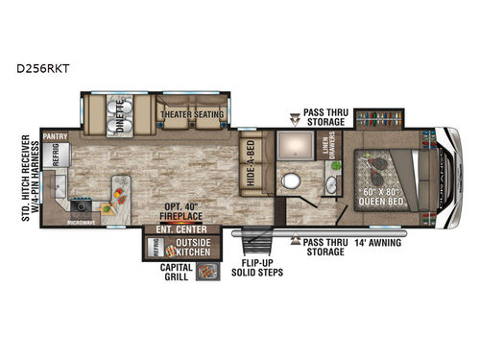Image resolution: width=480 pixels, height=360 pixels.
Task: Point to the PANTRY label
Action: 54,137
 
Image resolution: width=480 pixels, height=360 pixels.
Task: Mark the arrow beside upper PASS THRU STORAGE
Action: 293,122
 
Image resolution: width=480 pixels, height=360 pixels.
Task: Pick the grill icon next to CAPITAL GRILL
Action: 205,272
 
